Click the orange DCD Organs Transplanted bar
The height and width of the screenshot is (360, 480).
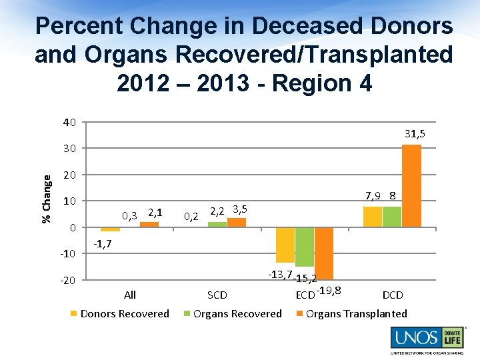(411, 186)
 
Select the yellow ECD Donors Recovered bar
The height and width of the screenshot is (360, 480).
(285, 245)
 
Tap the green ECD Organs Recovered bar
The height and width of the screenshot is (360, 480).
(305, 247)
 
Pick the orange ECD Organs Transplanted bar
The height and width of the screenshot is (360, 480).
(324, 253)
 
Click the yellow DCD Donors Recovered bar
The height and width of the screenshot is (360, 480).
(373, 217)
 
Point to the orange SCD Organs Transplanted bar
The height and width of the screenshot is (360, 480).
(237, 223)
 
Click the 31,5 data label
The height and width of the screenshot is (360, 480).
(415, 134)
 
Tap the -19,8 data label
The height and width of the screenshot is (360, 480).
(329, 289)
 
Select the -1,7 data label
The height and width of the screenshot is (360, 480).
(102, 245)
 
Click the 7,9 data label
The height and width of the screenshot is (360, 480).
(373, 196)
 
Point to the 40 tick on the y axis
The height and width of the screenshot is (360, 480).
(69, 122)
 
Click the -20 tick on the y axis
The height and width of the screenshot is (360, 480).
(68, 280)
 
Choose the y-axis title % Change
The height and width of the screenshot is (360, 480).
(46, 199)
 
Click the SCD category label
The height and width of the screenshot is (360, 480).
(217, 295)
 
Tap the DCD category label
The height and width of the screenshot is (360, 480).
(393, 295)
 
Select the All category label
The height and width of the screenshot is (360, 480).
(130, 295)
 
